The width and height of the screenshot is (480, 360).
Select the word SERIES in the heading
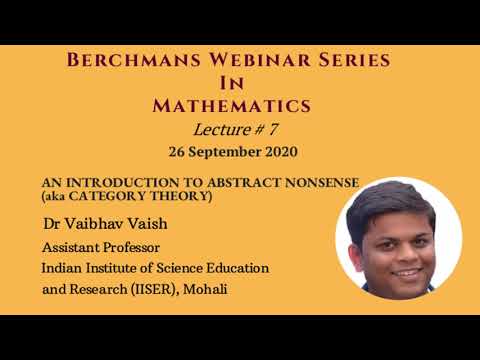(351, 61)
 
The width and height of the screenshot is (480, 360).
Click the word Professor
(133, 246)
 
